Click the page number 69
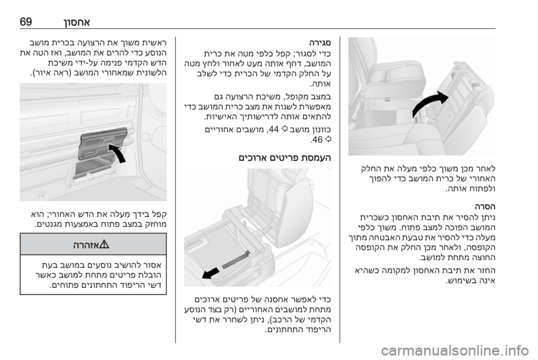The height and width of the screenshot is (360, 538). (26, 22)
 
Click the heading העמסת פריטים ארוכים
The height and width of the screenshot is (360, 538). (285, 158)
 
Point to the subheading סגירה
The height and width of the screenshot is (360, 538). (320, 43)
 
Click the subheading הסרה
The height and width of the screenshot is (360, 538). (485, 207)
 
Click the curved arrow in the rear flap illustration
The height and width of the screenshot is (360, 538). (118, 152)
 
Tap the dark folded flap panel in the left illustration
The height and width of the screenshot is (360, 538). (103, 144)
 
